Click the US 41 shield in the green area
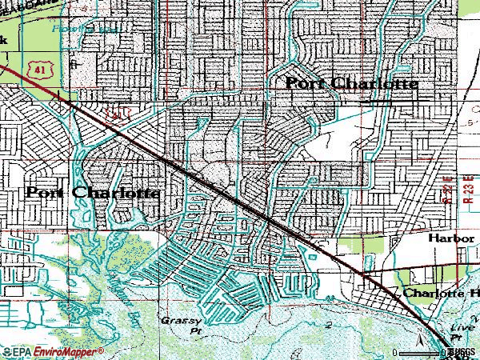coord(38,71)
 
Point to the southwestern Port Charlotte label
coord(93,193)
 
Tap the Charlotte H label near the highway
coord(440,294)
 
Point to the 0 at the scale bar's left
coord(395,352)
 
